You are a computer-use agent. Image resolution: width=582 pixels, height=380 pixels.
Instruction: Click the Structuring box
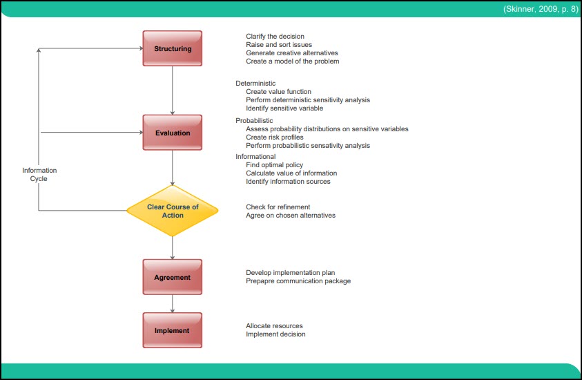pos(173,48)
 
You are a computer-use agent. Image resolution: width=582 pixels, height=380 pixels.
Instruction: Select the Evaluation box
pos(173,133)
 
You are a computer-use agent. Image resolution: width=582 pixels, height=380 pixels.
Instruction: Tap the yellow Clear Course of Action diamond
pos(173,211)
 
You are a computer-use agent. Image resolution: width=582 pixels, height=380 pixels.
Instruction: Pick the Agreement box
pos(173,277)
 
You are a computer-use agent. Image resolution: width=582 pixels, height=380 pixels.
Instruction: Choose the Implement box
pos(173,330)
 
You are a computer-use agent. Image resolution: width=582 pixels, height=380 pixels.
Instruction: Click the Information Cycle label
pos(39,174)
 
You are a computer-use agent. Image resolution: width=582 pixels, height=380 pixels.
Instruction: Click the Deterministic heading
pos(255,84)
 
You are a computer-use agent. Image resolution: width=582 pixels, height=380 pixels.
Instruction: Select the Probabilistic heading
pos(253,121)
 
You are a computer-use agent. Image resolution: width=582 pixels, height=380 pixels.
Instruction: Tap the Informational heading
pos(255,157)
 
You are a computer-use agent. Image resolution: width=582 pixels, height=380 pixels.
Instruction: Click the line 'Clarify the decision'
pos(275,37)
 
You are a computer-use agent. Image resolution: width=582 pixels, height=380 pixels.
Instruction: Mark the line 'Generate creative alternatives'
pos(291,53)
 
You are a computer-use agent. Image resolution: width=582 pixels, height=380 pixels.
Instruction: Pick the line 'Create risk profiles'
pos(274,137)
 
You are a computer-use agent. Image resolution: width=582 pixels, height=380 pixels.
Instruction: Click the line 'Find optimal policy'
pos(275,165)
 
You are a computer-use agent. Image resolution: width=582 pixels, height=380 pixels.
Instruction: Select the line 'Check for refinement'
pos(278,207)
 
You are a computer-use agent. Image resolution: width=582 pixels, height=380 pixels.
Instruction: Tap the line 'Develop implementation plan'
pos(290,273)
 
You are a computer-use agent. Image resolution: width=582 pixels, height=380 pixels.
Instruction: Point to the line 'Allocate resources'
pos(274,326)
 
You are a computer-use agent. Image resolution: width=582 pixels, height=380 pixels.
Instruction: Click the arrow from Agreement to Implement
pos(173,303)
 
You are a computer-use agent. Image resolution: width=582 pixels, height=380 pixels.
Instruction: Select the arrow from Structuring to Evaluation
pos(173,90)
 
